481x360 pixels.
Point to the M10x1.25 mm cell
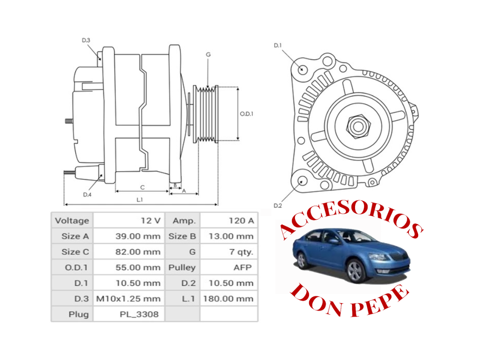point(129,299)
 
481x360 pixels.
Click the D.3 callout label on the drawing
point(86,40)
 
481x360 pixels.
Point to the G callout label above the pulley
point(208,55)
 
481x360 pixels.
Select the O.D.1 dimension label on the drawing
point(247,114)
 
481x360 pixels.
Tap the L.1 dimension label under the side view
point(139,200)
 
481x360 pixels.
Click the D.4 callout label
point(87,195)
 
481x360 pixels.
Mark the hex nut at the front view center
point(358,126)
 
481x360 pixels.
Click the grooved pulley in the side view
point(206,114)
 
